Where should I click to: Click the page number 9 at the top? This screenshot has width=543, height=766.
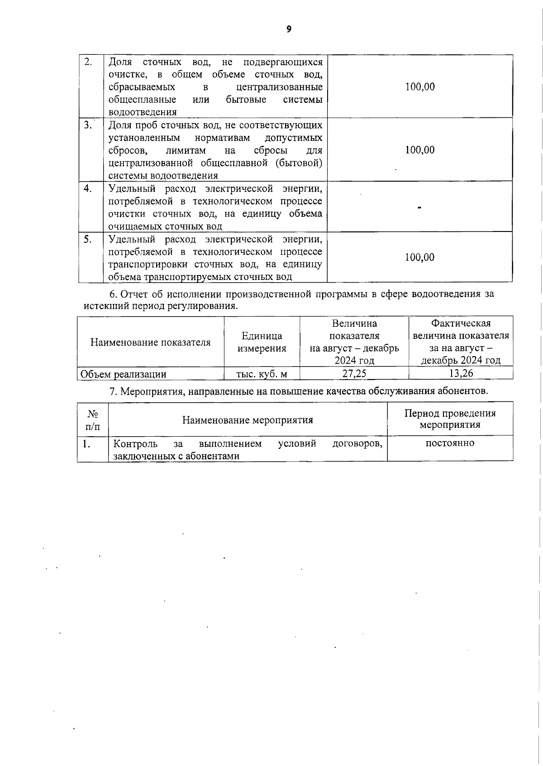[289, 29]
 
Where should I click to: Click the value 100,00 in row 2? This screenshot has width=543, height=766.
[420, 87]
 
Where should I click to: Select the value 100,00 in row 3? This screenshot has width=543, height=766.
[420, 150]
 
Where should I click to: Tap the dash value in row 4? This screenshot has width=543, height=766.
[420, 207]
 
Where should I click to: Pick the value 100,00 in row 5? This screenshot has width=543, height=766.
[420, 257]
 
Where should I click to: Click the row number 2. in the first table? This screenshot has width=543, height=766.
[88, 62]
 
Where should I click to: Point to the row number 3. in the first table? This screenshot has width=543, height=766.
[88, 125]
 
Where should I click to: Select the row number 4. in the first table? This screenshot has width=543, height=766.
[88, 188]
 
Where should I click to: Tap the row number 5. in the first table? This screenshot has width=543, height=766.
[88, 239]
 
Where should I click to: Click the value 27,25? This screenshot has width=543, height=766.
[354, 374]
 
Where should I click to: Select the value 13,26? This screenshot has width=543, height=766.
[461, 374]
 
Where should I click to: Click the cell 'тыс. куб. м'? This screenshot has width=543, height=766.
[262, 374]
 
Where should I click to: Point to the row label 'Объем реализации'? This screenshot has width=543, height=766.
[123, 374]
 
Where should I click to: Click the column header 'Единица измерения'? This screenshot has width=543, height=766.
[262, 342]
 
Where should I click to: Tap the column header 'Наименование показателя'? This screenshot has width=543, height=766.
[150, 342]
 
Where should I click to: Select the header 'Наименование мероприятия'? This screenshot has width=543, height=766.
[248, 420]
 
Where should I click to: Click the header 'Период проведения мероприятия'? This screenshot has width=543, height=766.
[450, 419]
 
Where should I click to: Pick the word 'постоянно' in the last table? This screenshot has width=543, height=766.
[450, 443]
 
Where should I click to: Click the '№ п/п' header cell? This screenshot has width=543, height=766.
[93, 420]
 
